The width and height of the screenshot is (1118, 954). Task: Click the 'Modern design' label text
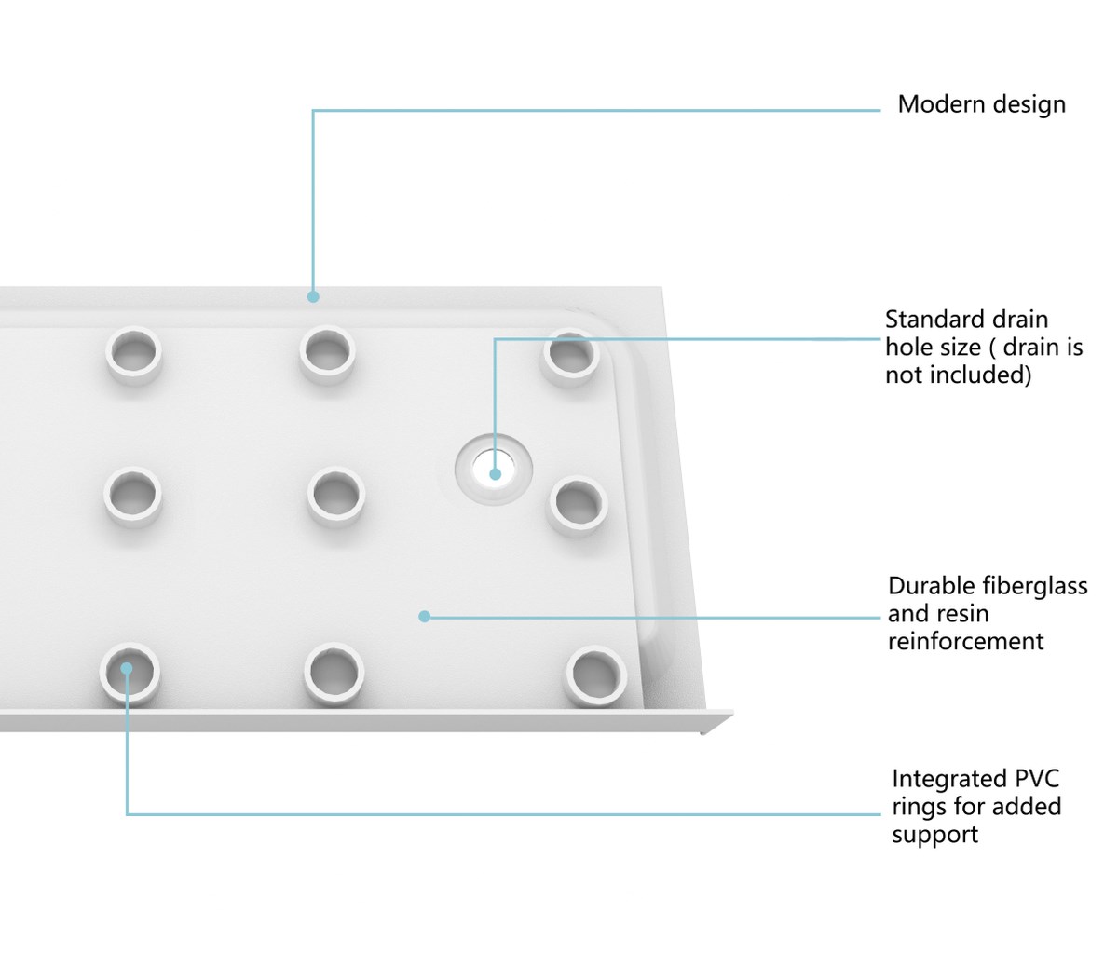[x=981, y=104]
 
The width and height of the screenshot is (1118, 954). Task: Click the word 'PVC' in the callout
[x=1037, y=779]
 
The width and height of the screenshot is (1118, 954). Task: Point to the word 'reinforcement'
[x=965, y=641]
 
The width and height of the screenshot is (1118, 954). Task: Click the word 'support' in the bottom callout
[x=934, y=836]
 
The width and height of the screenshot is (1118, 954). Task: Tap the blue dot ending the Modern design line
[x=313, y=297]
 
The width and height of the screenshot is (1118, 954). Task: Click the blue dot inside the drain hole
[x=495, y=474]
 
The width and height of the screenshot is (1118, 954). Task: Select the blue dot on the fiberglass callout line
[x=425, y=617]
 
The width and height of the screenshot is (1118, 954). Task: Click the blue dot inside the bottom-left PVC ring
[x=127, y=669]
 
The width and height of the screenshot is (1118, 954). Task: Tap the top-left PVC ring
[x=133, y=354]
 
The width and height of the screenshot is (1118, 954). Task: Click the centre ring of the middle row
[x=336, y=497]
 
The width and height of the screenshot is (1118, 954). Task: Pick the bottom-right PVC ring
[x=596, y=676]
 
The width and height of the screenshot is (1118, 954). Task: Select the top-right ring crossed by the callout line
[x=571, y=358]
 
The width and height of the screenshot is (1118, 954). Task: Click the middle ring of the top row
[x=327, y=354]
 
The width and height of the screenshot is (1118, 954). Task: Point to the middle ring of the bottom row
[x=334, y=675]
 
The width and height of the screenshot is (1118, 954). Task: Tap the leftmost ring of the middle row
[x=133, y=497]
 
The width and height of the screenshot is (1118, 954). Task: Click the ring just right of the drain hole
[x=579, y=506]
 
